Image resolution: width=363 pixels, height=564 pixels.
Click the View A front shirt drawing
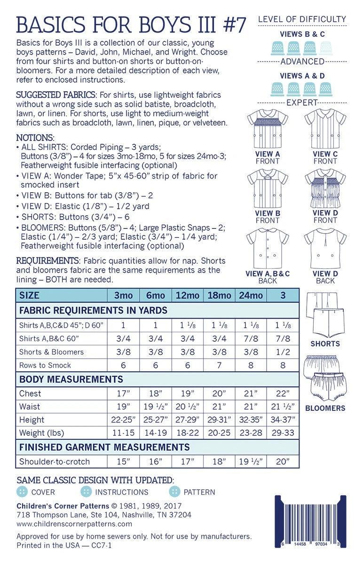pos(268,128)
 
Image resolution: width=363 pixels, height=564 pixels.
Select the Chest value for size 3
pos(283,393)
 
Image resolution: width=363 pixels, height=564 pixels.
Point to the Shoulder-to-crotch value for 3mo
pos(123,462)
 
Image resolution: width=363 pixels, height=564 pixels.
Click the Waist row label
pos(30,407)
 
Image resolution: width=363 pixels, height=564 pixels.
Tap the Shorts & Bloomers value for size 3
pos(283,352)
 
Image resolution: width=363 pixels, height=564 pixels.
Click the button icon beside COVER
pos(22,492)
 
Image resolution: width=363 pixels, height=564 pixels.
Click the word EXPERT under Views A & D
pos(301,102)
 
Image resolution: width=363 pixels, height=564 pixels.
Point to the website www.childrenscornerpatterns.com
pos(74,524)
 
